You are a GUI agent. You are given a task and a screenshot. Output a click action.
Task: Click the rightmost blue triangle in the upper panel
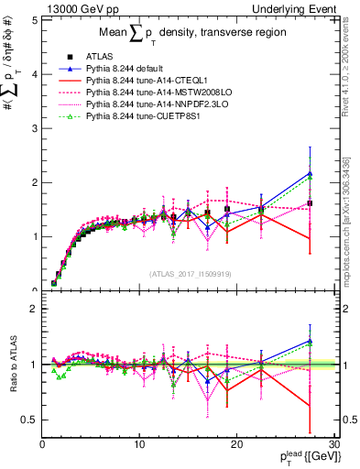point(311,173)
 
